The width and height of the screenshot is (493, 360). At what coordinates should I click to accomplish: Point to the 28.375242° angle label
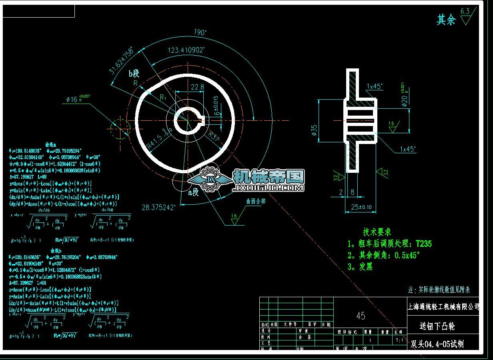(x=158, y=207)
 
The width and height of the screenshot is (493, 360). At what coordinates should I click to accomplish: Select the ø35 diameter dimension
(x=314, y=130)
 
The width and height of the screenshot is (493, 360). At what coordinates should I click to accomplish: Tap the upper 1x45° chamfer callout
(x=375, y=86)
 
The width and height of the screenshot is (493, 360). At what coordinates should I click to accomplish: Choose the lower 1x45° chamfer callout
(x=408, y=149)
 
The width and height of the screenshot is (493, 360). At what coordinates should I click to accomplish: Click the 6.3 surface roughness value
(x=465, y=11)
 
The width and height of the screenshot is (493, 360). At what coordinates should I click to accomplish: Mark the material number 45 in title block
(x=361, y=316)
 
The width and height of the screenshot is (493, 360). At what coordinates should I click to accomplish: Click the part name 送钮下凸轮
(x=437, y=326)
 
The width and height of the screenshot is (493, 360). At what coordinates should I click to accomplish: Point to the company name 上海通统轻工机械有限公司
(x=443, y=307)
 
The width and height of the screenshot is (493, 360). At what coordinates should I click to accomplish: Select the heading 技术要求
(x=377, y=232)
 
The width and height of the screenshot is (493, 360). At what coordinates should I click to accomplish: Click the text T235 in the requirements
(x=424, y=244)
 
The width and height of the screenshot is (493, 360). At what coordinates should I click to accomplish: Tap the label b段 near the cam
(x=134, y=73)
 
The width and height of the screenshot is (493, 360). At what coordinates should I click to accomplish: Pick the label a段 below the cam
(x=193, y=192)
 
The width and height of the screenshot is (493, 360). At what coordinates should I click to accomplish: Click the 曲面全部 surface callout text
(x=256, y=201)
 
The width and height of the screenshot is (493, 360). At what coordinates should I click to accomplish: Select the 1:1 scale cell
(x=399, y=340)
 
